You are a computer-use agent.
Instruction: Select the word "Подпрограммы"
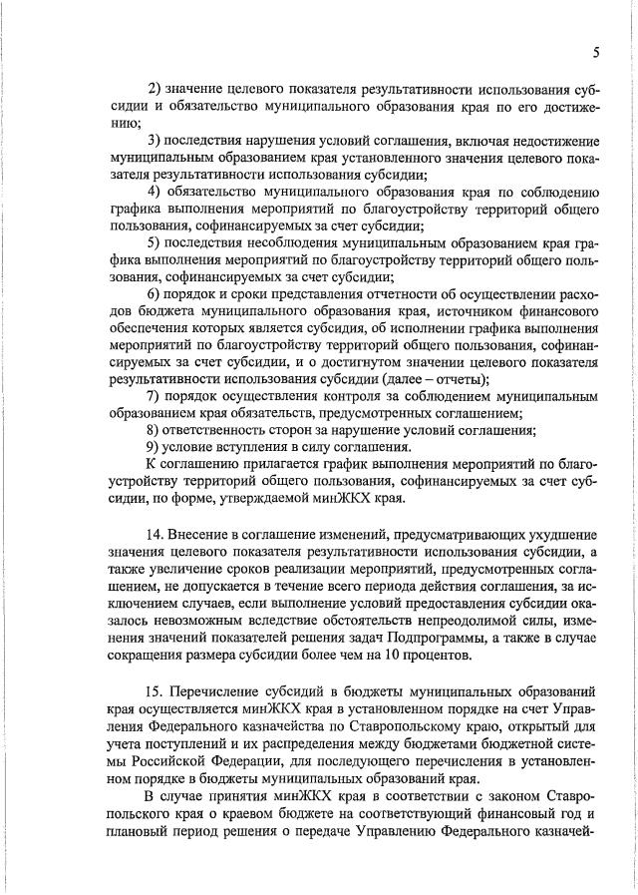click(x=415, y=633)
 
